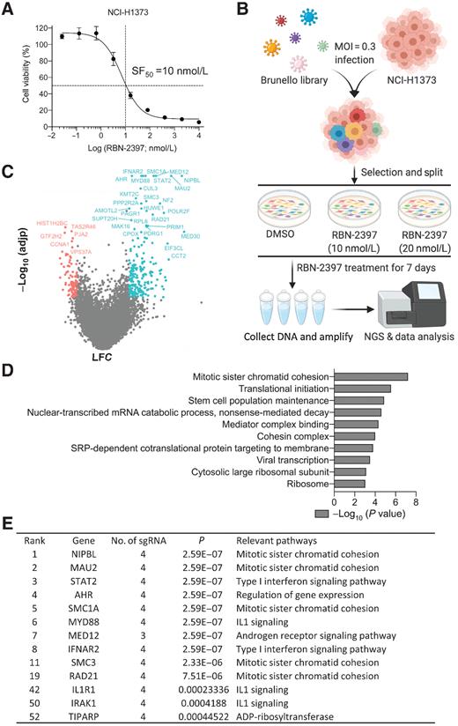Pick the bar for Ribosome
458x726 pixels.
pyautogui.click(x=351, y=484)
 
